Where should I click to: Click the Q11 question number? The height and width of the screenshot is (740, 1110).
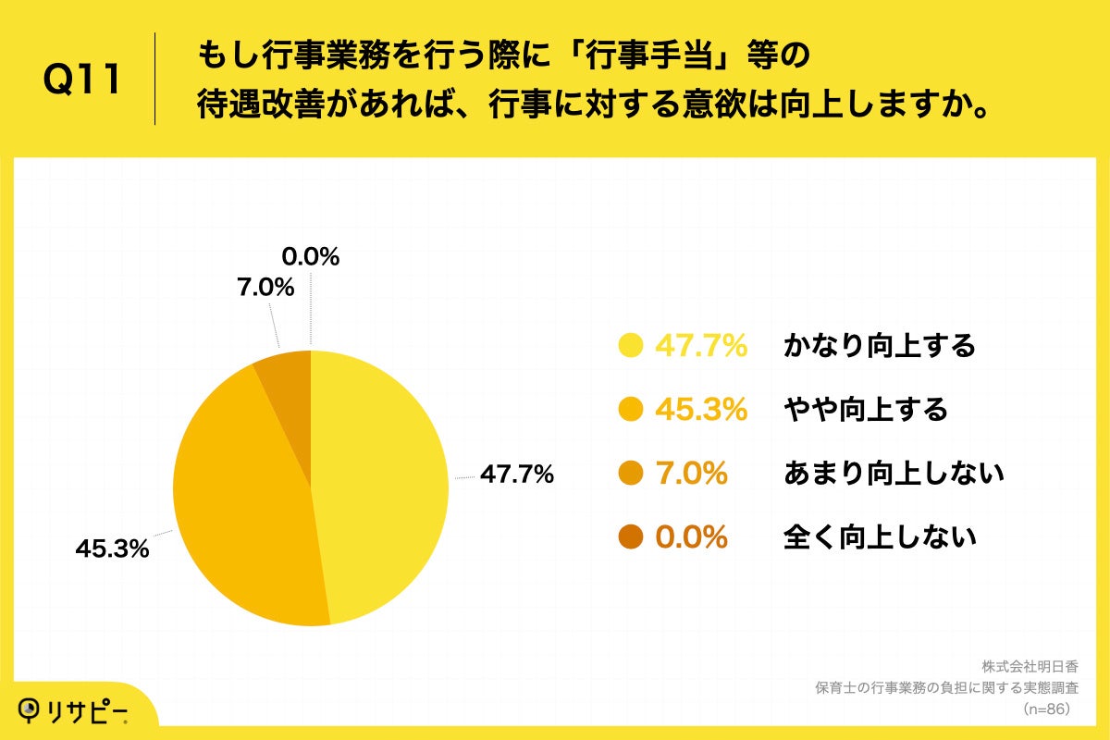(x=82, y=80)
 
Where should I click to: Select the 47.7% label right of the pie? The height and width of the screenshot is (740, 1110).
(x=515, y=475)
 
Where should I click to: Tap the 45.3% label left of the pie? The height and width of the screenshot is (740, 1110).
(x=112, y=549)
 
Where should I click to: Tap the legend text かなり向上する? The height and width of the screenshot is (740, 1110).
(x=879, y=346)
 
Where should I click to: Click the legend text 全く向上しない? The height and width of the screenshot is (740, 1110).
(x=879, y=537)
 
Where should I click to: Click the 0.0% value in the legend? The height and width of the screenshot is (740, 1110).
(x=691, y=537)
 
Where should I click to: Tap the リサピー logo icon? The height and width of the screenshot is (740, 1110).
(x=31, y=708)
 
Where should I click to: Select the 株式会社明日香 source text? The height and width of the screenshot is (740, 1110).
(x=1030, y=667)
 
